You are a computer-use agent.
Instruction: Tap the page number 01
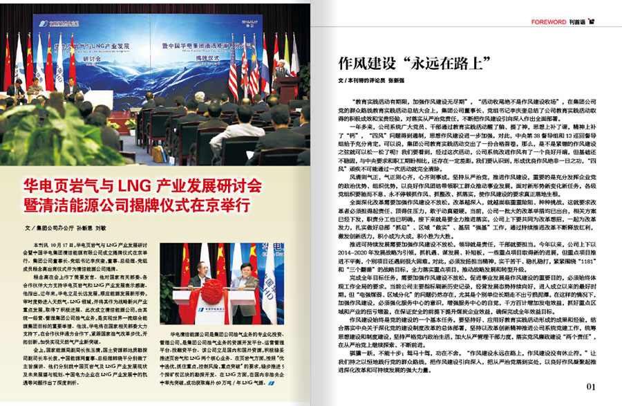tap(591, 386)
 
